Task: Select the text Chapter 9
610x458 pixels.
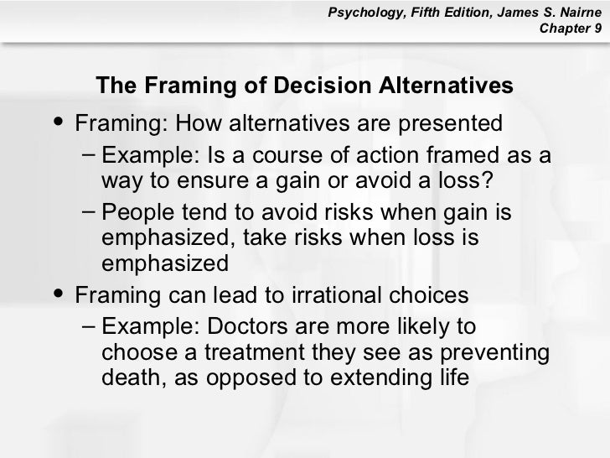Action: [x=571, y=29]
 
